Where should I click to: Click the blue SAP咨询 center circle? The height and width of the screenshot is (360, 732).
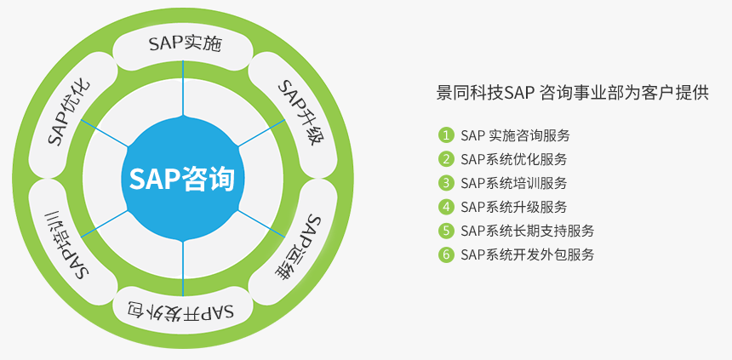[x=182, y=179]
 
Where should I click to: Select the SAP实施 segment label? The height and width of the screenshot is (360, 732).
[x=185, y=44]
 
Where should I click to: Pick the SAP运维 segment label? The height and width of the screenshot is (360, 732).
[x=296, y=248]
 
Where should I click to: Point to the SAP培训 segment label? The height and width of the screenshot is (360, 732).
[x=68, y=244]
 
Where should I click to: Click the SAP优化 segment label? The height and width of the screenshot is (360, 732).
[x=70, y=112]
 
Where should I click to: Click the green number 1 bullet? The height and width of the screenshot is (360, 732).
[x=446, y=135]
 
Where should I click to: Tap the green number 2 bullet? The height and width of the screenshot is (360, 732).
[x=446, y=159]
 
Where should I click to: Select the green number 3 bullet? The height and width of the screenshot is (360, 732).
[x=446, y=183]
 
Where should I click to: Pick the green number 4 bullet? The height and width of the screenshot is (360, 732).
[x=446, y=207]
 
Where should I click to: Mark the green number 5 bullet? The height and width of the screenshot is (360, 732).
[x=446, y=231]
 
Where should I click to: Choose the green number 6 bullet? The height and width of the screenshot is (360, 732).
[x=446, y=254]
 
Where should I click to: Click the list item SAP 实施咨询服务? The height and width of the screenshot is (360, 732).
[x=515, y=135]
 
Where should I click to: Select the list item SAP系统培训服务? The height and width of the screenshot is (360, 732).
[x=513, y=183]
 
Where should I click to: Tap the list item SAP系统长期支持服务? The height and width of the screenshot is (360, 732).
[x=527, y=231]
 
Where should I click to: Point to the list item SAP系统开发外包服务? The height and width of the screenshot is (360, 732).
[x=527, y=254]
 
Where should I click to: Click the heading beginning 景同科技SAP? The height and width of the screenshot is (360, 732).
[x=572, y=93]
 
